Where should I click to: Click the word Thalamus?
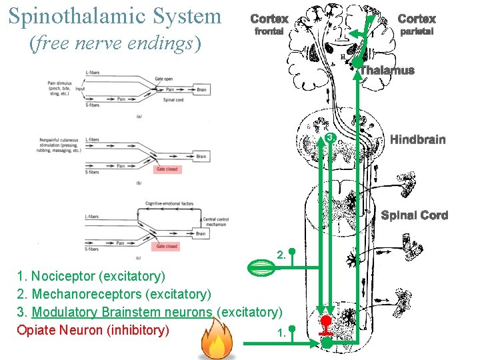pyautogui.click(x=387, y=71)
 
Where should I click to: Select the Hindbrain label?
pyautogui.click(x=417, y=139)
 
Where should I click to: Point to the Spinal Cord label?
pyautogui.click(x=414, y=215)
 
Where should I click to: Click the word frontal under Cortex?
pyautogui.click(x=269, y=31)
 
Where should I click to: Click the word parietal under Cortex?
pyautogui.click(x=417, y=31)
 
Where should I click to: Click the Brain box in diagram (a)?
pyautogui.click(x=201, y=89)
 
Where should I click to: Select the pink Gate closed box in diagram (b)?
pyautogui.click(x=167, y=169)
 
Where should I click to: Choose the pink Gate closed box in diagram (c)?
pyautogui.click(x=167, y=246)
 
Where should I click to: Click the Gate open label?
pyautogui.click(x=164, y=78)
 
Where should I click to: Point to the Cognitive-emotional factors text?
pyautogui.click(x=169, y=203)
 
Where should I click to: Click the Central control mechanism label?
pyautogui.click(x=217, y=222)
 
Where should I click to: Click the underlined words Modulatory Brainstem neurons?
pyautogui.click(x=123, y=312)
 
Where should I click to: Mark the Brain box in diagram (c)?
pyautogui.click(x=201, y=233)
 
